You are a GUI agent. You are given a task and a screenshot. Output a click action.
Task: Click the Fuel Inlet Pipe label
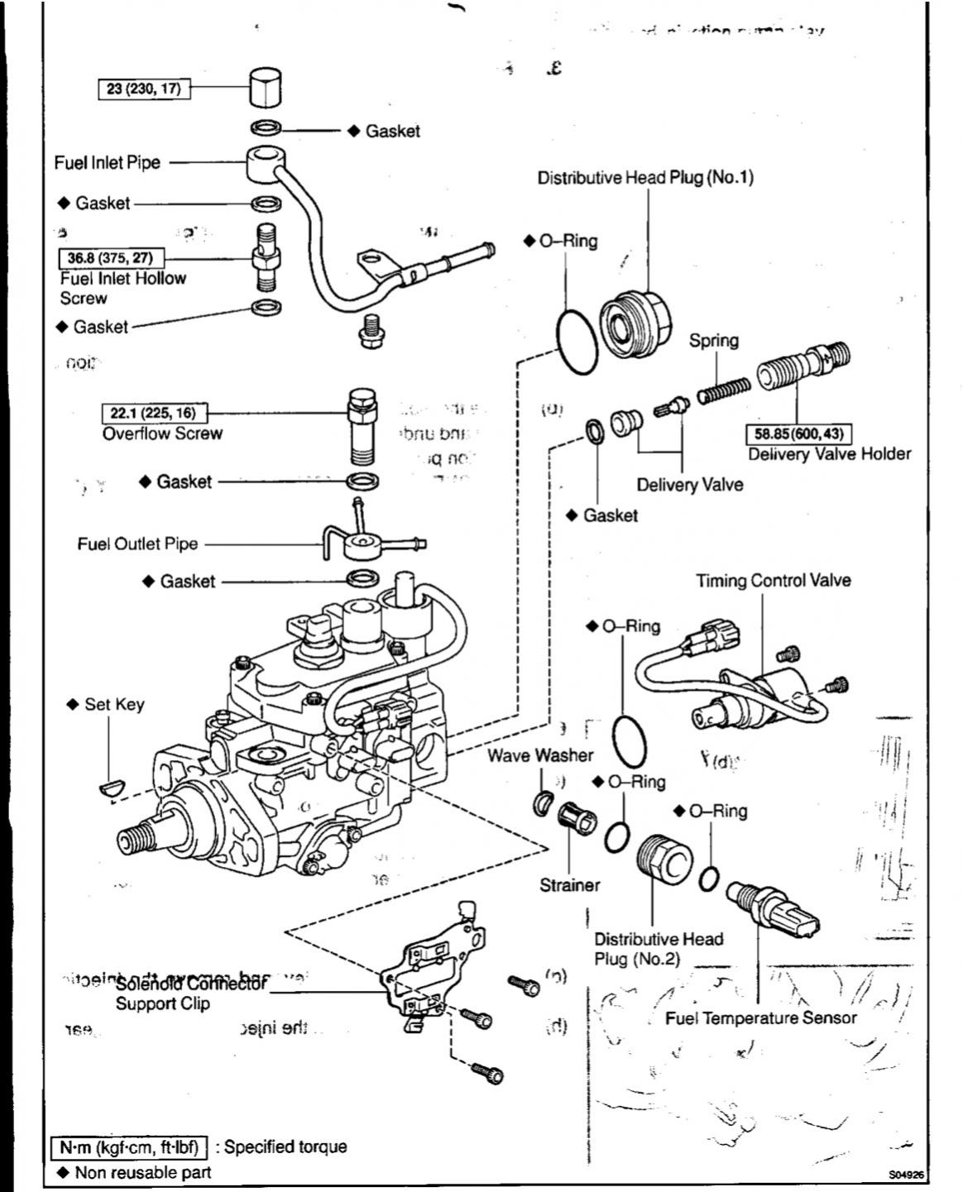click(108, 162)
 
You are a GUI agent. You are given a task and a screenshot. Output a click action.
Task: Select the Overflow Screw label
click(162, 433)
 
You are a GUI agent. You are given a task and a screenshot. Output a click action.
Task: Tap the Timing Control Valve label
click(773, 581)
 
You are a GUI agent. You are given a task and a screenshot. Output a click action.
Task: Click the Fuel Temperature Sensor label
click(760, 1018)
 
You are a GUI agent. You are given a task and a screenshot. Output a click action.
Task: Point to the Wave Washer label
click(539, 755)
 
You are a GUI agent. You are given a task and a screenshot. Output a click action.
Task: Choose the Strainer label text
click(569, 885)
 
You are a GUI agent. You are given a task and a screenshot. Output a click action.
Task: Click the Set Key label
click(113, 705)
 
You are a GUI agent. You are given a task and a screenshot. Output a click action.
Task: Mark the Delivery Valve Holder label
click(829, 454)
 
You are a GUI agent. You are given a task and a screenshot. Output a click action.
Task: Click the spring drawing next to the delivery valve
click(724, 390)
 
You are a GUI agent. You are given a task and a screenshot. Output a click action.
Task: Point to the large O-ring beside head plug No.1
click(577, 341)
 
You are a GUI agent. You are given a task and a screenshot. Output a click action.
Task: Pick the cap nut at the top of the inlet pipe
click(265, 89)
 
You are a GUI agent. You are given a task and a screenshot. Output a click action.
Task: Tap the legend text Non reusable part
click(142, 1172)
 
